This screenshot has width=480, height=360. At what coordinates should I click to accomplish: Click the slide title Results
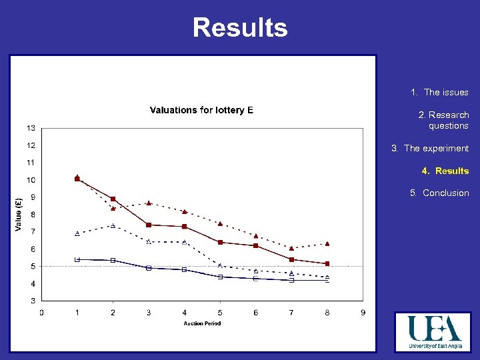(x=240, y=28)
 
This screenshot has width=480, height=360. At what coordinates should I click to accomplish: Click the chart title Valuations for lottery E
(x=201, y=110)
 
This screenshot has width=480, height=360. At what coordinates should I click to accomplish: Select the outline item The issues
(x=440, y=93)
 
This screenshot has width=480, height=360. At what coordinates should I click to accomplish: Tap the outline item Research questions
(x=443, y=120)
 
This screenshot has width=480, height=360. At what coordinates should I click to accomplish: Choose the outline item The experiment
(x=430, y=149)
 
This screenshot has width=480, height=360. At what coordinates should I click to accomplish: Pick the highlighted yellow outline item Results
(x=445, y=171)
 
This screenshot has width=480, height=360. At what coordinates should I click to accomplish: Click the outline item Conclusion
(x=439, y=193)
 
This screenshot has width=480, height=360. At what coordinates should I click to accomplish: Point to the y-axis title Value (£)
(x=18, y=214)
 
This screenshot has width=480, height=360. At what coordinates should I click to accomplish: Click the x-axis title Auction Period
(x=202, y=323)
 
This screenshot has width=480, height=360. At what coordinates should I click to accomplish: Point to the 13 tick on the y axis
(x=31, y=128)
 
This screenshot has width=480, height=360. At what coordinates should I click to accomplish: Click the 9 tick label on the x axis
(x=363, y=312)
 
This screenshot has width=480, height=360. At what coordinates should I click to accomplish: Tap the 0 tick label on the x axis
(x=41, y=312)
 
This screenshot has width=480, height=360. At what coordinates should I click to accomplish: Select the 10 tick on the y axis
(x=31, y=180)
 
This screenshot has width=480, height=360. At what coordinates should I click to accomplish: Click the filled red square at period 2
(x=113, y=199)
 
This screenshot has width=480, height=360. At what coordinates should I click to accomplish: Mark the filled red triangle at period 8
(x=327, y=244)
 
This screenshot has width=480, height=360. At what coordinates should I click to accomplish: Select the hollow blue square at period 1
(x=77, y=259)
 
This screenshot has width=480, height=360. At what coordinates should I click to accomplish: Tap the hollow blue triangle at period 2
(x=113, y=225)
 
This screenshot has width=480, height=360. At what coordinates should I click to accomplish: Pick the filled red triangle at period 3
(x=149, y=203)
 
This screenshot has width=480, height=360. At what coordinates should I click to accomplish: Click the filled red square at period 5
(x=220, y=242)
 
